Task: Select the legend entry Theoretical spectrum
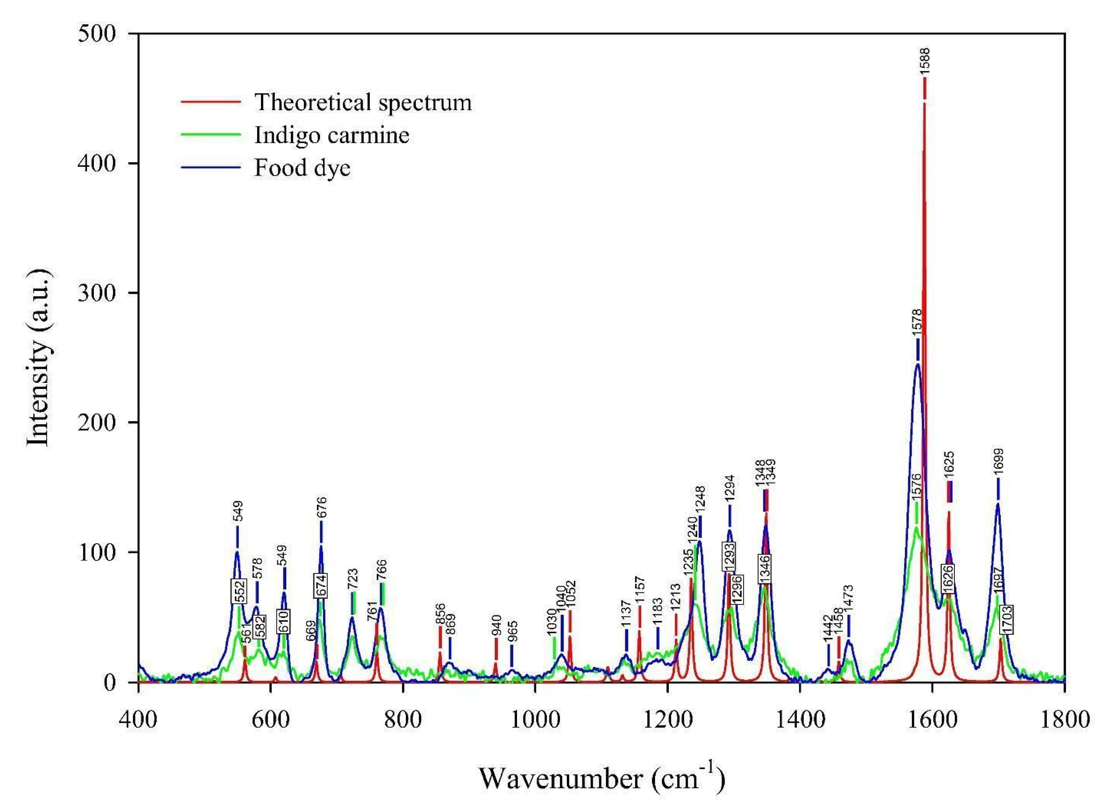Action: [362, 102]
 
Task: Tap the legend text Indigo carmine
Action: [332, 135]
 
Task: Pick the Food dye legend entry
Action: [302, 168]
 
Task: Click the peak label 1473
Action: [849, 597]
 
